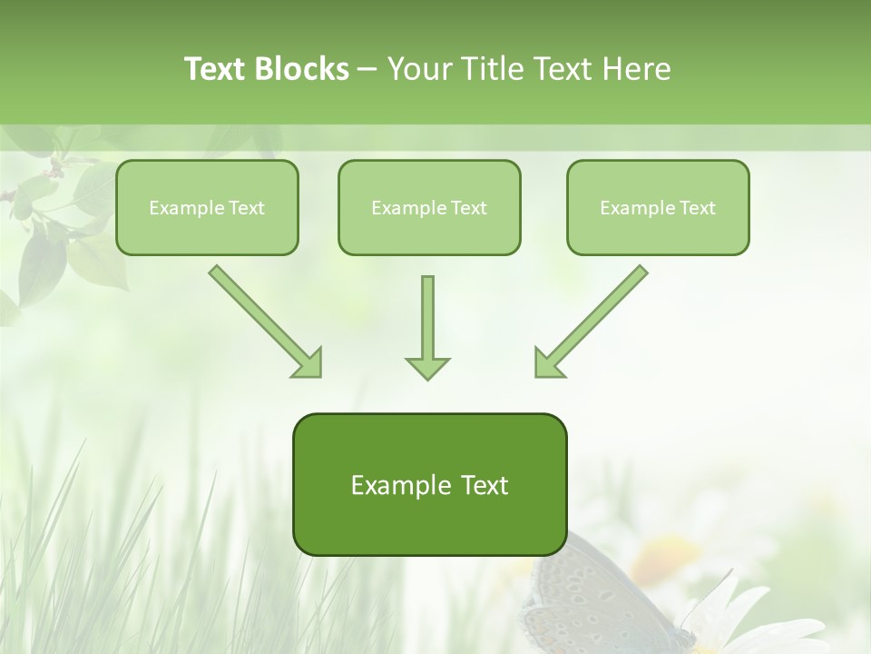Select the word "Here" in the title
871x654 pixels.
[x=639, y=69]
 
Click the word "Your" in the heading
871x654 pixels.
[x=419, y=69]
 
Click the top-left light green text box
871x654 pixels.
[x=207, y=208]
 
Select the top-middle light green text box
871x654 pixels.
[x=429, y=208]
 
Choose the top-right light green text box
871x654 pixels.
[x=658, y=208]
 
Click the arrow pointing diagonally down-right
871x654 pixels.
[x=263, y=320]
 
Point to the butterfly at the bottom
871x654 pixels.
[x=594, y=599]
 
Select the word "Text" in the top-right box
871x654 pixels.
[x=697, y=208]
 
